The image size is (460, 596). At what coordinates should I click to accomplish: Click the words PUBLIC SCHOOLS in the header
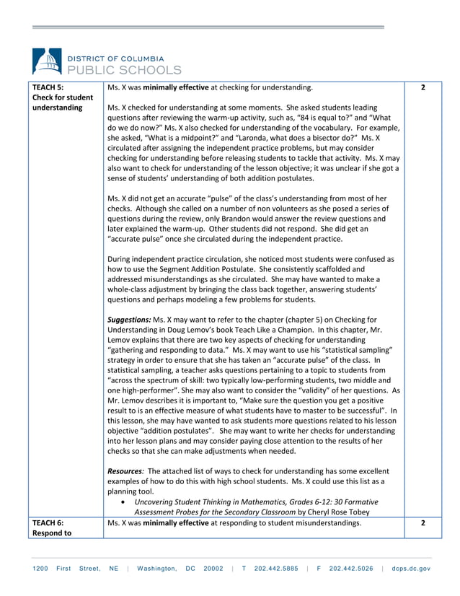pos(124,70)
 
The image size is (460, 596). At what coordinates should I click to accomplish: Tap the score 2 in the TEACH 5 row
pos(423,87)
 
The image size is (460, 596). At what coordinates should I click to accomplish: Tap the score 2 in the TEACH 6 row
pos(423,523)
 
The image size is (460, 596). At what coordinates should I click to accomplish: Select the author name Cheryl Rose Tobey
pos(334,512)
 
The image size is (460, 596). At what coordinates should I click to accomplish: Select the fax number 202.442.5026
pos(350,569)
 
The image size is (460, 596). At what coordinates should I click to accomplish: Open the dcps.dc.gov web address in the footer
pos(411,569)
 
